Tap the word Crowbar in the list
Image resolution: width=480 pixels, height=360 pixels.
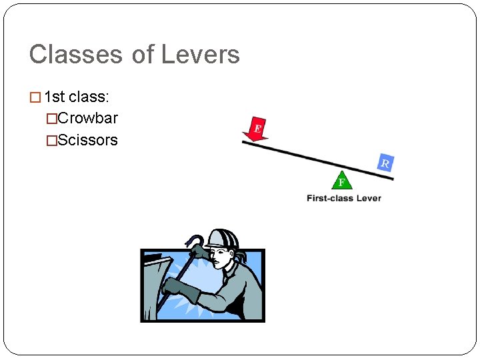(x=87, y=119)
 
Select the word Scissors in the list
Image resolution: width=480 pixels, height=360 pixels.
(x=87, y=140)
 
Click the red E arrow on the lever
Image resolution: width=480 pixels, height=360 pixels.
(x=256, y=129)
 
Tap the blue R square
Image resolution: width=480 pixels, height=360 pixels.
(x=385, y=163)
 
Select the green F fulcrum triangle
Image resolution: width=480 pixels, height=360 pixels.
(x=341, y=181)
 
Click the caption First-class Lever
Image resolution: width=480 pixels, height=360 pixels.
(x=344, y=198)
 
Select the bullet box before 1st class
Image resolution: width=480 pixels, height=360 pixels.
(x=35, y=97)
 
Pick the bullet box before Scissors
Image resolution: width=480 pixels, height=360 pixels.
(x=51, y=141)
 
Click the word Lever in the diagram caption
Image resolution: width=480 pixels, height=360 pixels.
(x=368, y=198)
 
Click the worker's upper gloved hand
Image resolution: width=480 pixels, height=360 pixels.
(x=199, y=252)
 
